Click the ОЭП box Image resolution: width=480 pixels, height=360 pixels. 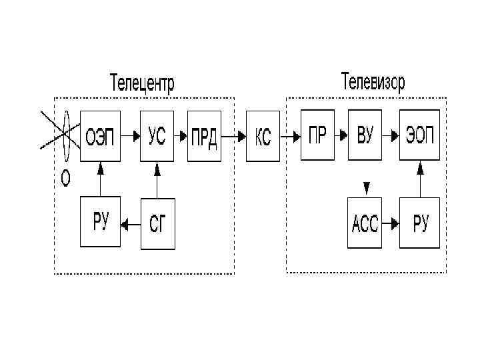click(101, 137)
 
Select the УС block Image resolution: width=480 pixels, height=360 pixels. click(157, 137)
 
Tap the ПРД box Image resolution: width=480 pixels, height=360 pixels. click(204, 137)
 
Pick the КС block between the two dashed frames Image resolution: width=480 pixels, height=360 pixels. click(263, 137)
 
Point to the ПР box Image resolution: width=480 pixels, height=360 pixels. click(317, 137)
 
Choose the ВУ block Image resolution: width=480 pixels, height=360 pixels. click(365, 137)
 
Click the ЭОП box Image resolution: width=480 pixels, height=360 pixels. click(420, 137)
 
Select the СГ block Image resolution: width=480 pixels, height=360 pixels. click(158, 224)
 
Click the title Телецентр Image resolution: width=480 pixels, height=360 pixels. click(142, 84)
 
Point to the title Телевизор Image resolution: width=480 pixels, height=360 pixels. click(373, 82)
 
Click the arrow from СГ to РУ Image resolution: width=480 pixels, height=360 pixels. click(131, 225)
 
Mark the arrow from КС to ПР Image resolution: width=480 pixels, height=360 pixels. click(289, 137)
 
